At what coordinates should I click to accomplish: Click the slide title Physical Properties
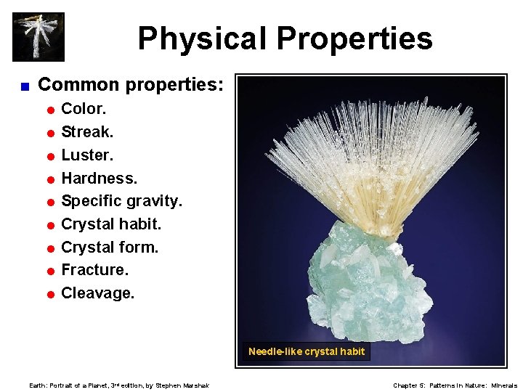[285, 38]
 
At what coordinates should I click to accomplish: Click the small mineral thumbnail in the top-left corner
[38, 37]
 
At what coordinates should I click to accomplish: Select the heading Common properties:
[131, 85]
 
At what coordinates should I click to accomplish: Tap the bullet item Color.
[84, 109]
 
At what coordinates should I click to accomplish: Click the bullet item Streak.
[87, 132]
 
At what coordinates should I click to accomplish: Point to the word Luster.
[87, 155]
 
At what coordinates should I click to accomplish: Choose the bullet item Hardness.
[99, 178]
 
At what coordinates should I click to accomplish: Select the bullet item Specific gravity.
[121, 201]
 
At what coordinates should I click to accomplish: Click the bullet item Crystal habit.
[111, 224]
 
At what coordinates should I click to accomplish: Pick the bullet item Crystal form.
[110, 248]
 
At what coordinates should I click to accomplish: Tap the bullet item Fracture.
[94, 270]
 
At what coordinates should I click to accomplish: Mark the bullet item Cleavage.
[97, 293]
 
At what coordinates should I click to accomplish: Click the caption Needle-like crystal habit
[307, 352]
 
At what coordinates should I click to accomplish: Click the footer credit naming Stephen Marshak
[119, 385]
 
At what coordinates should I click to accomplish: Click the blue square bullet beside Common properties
[24, 86]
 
